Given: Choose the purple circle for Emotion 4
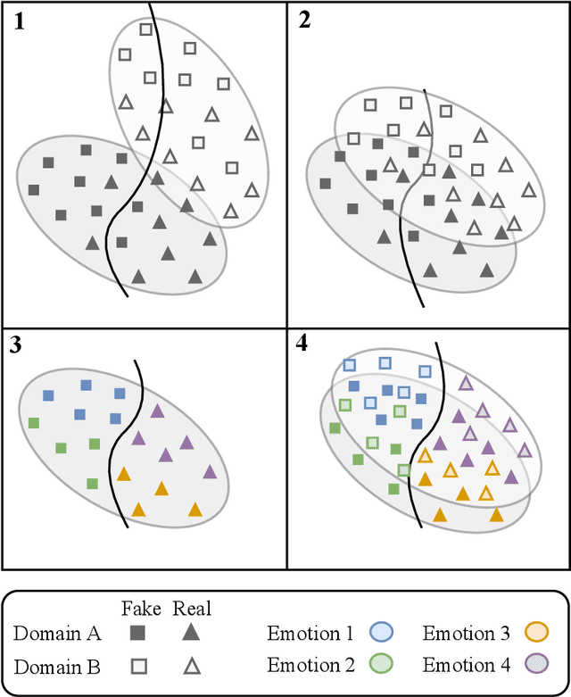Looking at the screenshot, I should click(534, 665).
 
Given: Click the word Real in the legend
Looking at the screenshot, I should click(192, 609).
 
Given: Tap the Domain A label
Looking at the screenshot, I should click(57, 635).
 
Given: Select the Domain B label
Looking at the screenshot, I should click(57, 666).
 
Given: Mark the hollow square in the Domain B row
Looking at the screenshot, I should click(137, 666).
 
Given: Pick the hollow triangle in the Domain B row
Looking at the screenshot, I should click(190, 666).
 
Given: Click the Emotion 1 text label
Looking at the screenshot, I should click(310, 635).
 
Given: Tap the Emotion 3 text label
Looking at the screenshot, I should click(466, 635).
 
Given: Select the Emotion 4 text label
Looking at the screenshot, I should click(466, 666).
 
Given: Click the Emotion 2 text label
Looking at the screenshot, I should click(310, 666).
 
